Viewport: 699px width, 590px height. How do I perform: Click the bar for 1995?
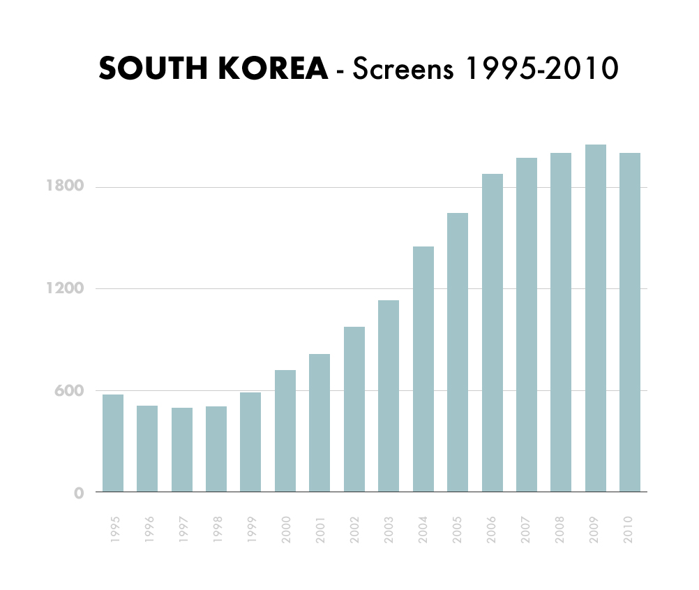(x=113, y=443)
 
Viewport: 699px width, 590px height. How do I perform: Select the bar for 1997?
(x=182, y=450)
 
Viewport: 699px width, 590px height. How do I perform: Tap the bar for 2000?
(x=285, y=431)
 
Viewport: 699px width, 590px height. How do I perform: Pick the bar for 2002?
(x=354, y=409)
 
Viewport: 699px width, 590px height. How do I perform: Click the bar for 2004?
(x=423, y=369)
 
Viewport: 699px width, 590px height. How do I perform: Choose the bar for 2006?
(x=492, y=333)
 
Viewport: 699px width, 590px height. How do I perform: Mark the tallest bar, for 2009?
(x=595, y=318)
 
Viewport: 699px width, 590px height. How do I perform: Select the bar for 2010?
(x=630, y=323)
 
